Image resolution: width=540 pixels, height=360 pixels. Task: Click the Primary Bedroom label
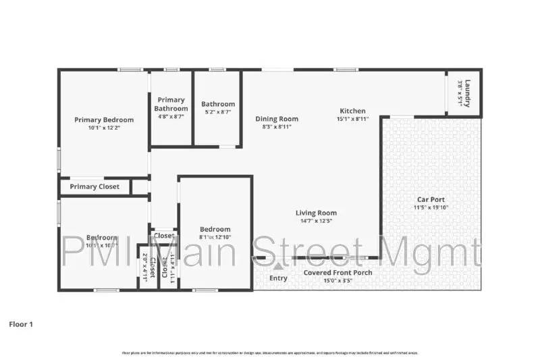point(104,120)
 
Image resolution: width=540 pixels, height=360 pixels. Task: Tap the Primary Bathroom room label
point(171,104)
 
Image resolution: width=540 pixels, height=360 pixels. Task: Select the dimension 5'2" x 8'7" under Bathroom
point(217,112)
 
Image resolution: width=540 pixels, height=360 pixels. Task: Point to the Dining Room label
point(277,119)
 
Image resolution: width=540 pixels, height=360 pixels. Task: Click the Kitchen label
point(352,111)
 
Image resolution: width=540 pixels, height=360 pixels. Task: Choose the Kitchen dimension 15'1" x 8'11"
point(352,119)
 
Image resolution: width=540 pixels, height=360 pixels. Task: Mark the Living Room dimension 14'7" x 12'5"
point(317,221)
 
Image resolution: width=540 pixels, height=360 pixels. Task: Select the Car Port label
point(431,199)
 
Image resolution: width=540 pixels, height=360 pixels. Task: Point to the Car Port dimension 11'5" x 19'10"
point(431,207)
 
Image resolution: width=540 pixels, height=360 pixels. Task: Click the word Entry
point(277,278)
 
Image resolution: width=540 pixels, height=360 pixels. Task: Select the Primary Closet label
point(94,187)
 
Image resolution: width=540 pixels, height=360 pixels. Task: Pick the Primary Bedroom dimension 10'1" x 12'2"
point(104,128)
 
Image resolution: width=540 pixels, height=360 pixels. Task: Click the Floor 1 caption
point(21,324)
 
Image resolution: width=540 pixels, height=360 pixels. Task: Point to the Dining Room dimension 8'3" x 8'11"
point(277,127)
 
